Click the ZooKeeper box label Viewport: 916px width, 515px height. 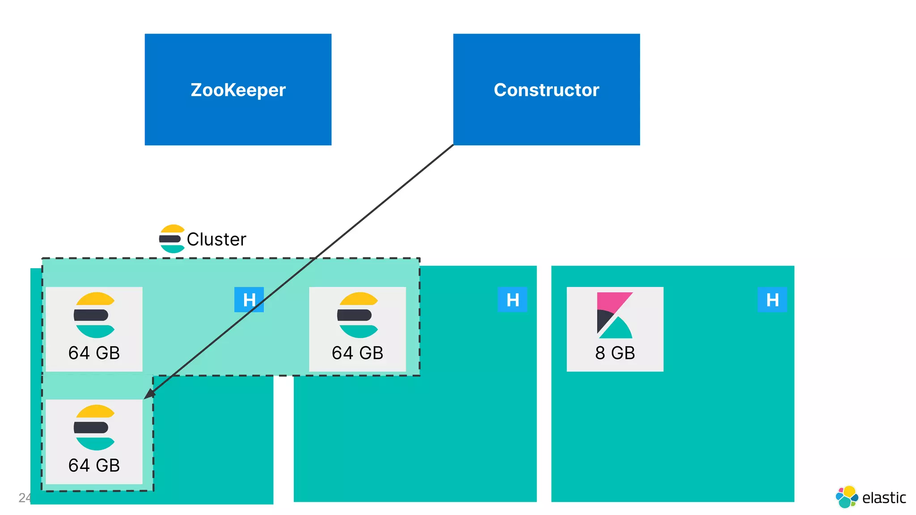(x=238, y=90)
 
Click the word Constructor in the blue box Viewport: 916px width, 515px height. (x=546, y=90)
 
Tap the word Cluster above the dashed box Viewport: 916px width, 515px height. (x=216, y=240)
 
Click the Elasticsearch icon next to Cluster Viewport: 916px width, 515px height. (x=172, y=239)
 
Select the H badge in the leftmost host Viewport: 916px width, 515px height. (x=249, y=300)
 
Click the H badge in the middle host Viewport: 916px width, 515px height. (x=513, y=300)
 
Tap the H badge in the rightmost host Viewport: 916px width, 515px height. (x=772, y=300)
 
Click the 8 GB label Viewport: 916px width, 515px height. (x=615, y=353)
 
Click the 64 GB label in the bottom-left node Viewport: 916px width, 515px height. (x=94, y=465)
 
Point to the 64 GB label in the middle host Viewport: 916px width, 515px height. (x=357, y=353)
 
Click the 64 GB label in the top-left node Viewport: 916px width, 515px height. (x=94, y=353)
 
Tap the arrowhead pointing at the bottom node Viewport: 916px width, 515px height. (x=149, y=394)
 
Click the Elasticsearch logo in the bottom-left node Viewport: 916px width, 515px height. (x=94, y=427)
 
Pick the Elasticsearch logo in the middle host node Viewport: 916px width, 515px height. (x=358, y=315)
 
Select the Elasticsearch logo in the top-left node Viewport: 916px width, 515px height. (x=94, y=315)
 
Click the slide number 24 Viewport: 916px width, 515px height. (x=24, y=498)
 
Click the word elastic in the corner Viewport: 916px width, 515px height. (x=884, y=498)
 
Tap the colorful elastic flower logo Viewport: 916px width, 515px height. (x=847, y=497)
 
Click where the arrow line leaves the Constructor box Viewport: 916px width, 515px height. (x=453, y=145)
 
